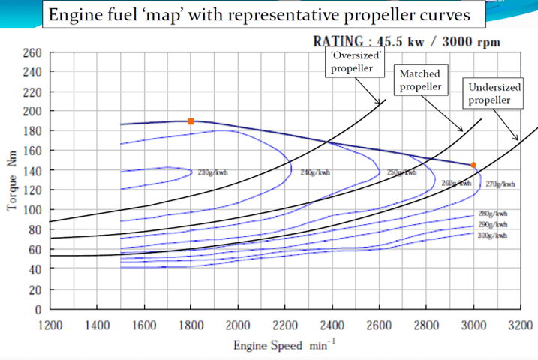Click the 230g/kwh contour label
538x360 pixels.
pyautogui.click(x=212, y=172)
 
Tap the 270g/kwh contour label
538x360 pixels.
pyautogui.click(x=500, y=184)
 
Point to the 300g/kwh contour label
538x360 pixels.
pyautogui.click(x=493, y=235)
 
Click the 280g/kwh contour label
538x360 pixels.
pyautogui.click(x=493, y=214)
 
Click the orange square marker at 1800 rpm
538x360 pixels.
pyautogui.click(x=191, y=121)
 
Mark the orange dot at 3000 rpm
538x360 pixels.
pyautogui.click(x=473, y=165)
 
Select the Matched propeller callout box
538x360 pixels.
pyautogui.click(x=419, y=80)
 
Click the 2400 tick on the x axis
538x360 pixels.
pyautogui.click(x=332, y=325)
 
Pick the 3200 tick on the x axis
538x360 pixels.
pyautogui.click(x=519, y=325)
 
